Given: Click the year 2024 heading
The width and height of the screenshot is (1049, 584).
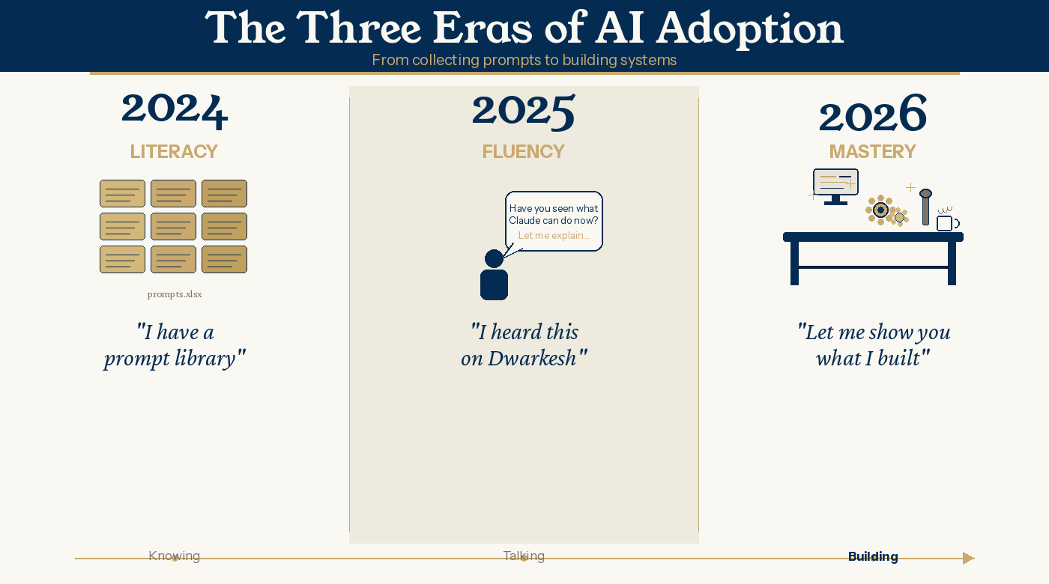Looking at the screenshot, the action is (175, 111).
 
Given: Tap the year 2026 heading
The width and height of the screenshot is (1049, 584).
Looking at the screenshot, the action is (873, 112).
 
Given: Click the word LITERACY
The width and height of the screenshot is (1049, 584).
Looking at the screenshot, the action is (174, 151).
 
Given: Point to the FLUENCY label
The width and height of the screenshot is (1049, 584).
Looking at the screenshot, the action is (524, 151).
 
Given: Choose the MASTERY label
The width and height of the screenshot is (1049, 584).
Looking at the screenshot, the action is (873, 151).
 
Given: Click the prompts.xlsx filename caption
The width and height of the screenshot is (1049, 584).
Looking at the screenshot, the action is (175, 294).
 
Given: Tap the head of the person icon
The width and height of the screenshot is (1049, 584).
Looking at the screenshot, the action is (494, 259).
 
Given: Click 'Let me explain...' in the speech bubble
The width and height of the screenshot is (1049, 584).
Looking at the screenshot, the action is (554, 235).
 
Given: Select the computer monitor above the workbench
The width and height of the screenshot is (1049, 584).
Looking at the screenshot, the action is (836, 186).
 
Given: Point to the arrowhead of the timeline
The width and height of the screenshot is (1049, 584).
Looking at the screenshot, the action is (968, 558).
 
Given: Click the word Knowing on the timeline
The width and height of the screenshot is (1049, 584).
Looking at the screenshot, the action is (174, 556).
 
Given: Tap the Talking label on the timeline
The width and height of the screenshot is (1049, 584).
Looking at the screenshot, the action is (524, 556).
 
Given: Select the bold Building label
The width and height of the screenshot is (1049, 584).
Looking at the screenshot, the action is (873, 556).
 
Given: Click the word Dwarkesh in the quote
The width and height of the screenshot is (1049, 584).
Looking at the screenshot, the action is (532, 359).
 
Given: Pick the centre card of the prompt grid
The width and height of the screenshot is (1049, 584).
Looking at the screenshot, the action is (173, 226).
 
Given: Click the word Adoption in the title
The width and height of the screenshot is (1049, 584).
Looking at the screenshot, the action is (750, 28).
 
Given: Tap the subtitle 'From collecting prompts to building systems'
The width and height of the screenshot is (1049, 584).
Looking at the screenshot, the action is (524, 60).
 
